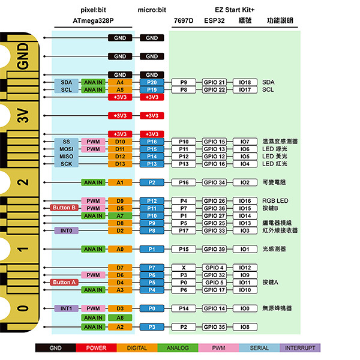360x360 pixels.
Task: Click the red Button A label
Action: pos(65,282)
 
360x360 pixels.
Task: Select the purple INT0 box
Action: pos(66,230)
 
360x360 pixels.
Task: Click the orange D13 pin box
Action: pos(120,164)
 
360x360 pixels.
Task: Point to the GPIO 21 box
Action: pos(214,82)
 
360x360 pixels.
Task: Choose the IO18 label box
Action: pos(244,82)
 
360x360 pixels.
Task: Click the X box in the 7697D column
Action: pos(184,268)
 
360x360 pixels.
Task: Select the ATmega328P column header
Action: pos(93,20)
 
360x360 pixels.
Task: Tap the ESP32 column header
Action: pos(214,20)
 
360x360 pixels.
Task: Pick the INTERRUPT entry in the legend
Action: pos(301,348)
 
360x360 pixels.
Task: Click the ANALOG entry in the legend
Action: pos(178,348)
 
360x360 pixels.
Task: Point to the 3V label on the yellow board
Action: pos(22,116)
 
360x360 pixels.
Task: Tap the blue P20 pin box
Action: pos(152,82)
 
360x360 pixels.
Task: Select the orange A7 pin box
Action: pos(120,216)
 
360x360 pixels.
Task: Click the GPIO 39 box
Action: pos(214,249)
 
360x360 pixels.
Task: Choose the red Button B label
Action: pos(65,208)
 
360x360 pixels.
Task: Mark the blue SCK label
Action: pos(66,164)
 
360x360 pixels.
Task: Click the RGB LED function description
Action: pos(275,201)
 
